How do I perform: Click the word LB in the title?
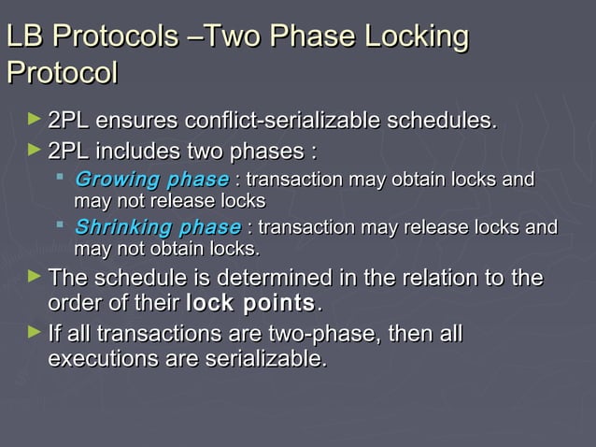pos(24,36)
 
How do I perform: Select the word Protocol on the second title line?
pos(62,72)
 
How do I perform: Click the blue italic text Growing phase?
pos(150,180)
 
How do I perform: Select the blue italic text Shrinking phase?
pos(157,227)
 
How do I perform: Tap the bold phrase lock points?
pos(251,303)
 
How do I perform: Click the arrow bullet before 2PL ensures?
pos(35,121)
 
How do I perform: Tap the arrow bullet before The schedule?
pos(35,278)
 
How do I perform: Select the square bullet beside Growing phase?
pos(62,177)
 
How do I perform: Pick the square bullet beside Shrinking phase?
pos(62,224)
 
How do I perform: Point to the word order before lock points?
pos(73,303)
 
